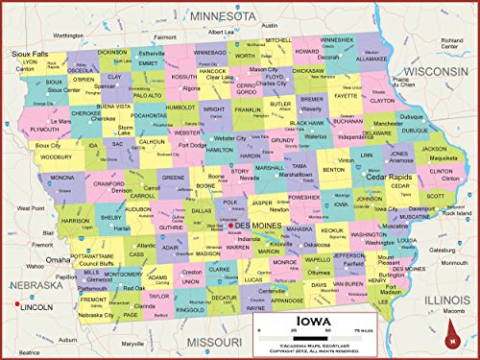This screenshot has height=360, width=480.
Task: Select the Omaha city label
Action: pos(59,259)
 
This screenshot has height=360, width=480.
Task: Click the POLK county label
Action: pos(230,203)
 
